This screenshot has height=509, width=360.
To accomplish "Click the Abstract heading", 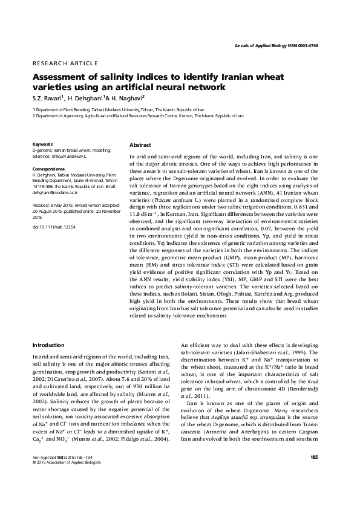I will [140, 146].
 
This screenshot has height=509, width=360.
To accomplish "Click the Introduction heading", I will [49, 345].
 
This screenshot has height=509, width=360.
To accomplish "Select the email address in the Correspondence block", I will [55, 192].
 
